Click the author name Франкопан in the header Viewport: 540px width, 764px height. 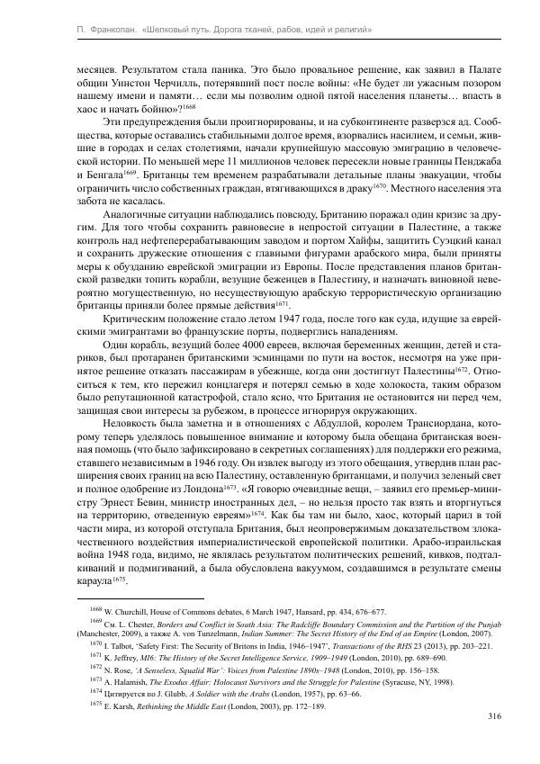(x=98, y=31)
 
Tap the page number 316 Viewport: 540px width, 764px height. (x=468, y=716)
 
